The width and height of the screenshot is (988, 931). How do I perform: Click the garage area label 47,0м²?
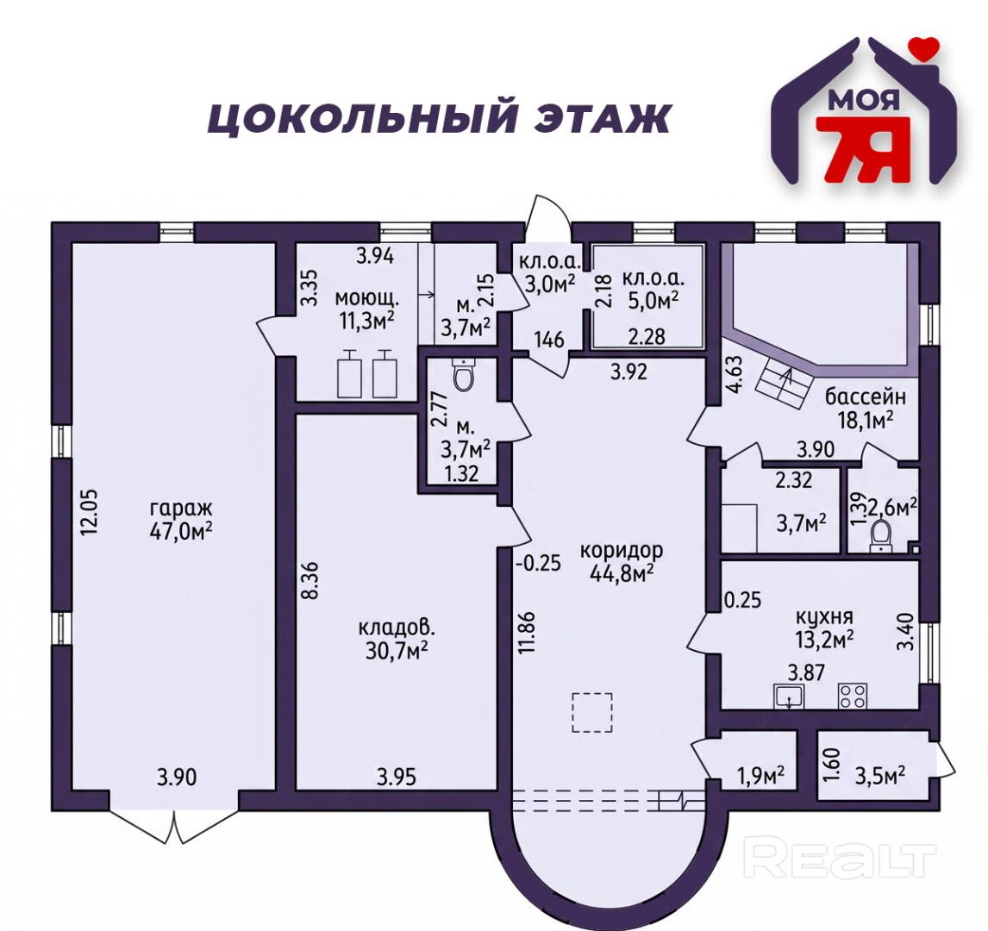(x=181, y=531)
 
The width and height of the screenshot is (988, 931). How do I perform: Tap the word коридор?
(x=622, y=551)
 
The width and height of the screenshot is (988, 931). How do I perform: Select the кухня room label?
(x=824, y=616)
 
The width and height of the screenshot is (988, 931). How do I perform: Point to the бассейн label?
(x=866, y=397)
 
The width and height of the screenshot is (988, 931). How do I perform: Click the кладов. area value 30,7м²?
(x=397, y=649)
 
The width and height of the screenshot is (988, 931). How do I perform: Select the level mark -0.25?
(x=537, y=563)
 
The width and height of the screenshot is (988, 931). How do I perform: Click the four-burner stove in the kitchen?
(x=852, y=696)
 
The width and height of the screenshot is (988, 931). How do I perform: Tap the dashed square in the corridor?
(x=592, y=712)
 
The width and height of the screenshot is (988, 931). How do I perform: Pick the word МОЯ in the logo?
(x=864, y=100)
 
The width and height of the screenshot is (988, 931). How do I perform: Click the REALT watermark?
(x=840, y=859)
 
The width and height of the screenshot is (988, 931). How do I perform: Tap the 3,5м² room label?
(x=880, y=773)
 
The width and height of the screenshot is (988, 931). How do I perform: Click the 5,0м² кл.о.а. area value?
(x=652, y=301)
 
